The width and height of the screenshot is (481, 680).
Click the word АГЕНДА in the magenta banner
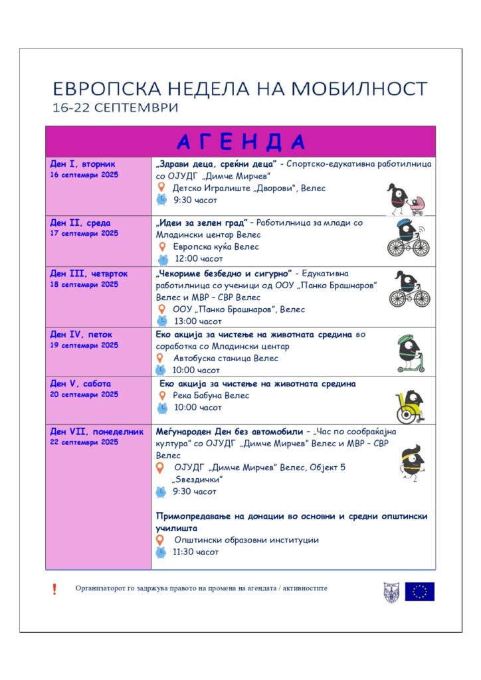click(241, 141)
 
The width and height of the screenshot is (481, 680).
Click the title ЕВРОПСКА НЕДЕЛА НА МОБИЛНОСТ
click(240, 89)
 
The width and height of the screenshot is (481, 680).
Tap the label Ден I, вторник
click(82, 163)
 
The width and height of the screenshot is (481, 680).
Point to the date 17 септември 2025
click(84, 233)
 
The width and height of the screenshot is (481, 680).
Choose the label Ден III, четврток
click(89, 274)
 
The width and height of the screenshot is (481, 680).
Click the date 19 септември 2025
click(84, 345)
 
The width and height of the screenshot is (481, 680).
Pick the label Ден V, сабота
click(80, 384)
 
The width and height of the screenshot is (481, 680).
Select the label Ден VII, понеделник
click(97, 432)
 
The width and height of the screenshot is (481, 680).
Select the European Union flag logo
click(420, 591)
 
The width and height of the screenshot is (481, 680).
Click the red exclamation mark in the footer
click(54, 588)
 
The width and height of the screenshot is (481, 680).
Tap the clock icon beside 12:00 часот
click(162, 259)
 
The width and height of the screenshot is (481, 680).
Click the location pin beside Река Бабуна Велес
click(161, 395)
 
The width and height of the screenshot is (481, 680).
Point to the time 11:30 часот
click(195, 552)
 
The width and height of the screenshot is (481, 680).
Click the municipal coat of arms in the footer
click(391, 592)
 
